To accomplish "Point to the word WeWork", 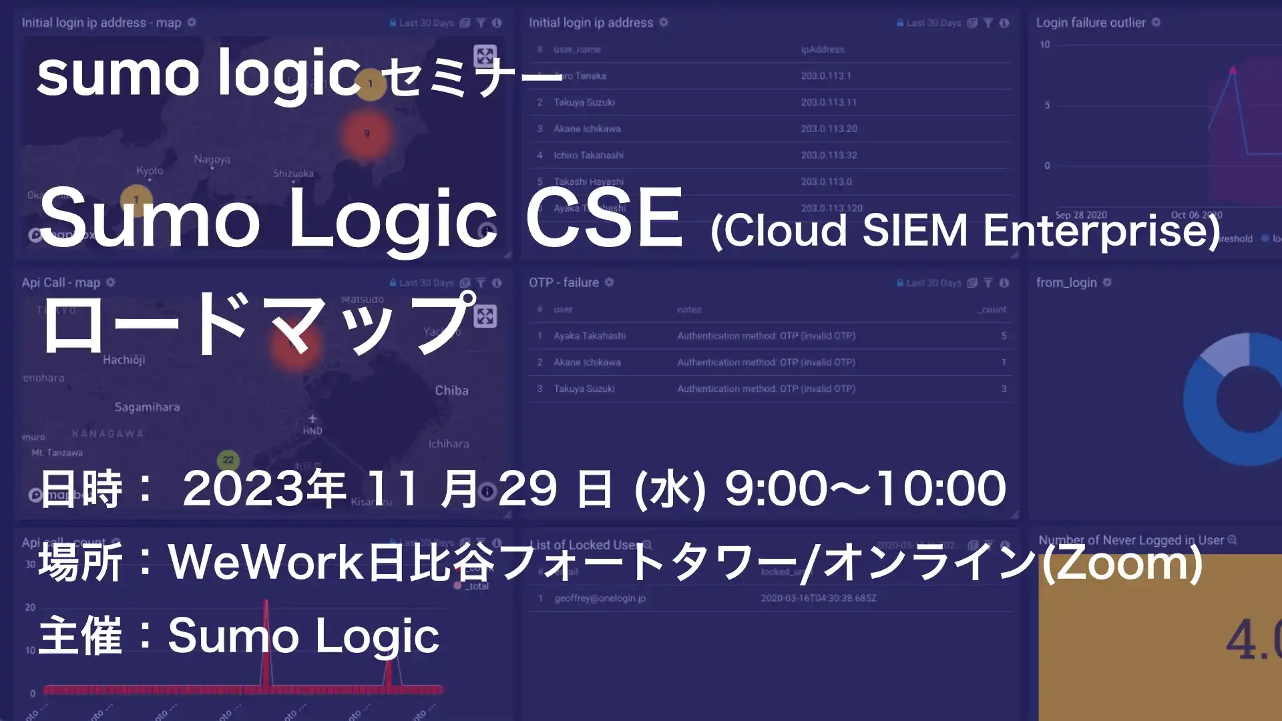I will coord(265,562).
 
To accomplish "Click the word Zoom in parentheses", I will coord(1122,563).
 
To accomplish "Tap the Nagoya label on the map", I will coord(212,160).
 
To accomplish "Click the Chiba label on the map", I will coord(451,391).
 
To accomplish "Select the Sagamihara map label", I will coord(147,407).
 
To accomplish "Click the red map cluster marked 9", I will coord(367,134).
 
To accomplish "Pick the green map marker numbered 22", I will coord(228,460).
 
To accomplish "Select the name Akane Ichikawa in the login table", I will coord(587,129).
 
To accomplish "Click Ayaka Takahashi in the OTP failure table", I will coord(589,336).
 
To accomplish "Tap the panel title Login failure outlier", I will coord(1090,23).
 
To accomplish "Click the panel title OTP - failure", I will coord(564,282).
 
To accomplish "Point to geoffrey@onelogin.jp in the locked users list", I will coord(600,598).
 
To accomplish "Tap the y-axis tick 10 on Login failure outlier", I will coord(1044,45).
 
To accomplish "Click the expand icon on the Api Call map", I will coord(485,316).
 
